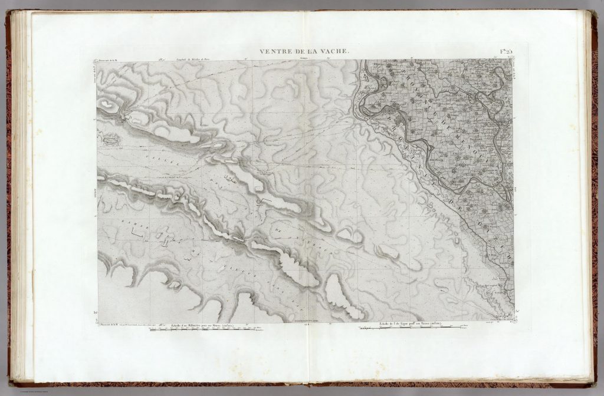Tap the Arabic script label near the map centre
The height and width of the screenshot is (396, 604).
[x=231, y=177]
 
